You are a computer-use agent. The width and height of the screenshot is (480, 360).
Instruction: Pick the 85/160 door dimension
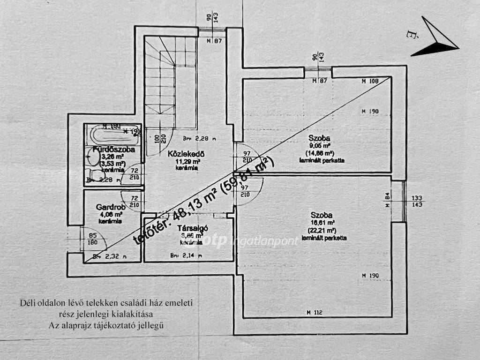93,239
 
